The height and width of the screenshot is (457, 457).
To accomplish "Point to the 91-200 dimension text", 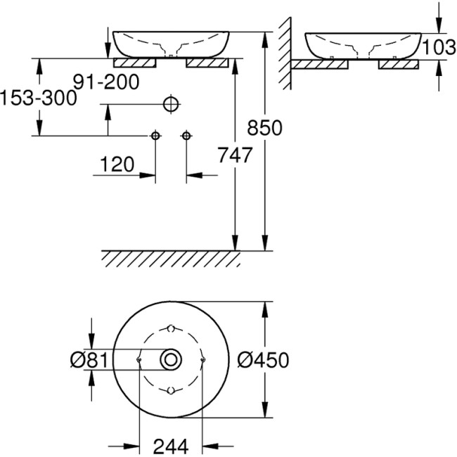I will click(108, 82).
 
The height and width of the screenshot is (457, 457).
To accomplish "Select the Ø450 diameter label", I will click(264, 360).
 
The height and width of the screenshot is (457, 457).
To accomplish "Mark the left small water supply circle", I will click(155, 135).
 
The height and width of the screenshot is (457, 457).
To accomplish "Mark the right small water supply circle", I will click(186, 135).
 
